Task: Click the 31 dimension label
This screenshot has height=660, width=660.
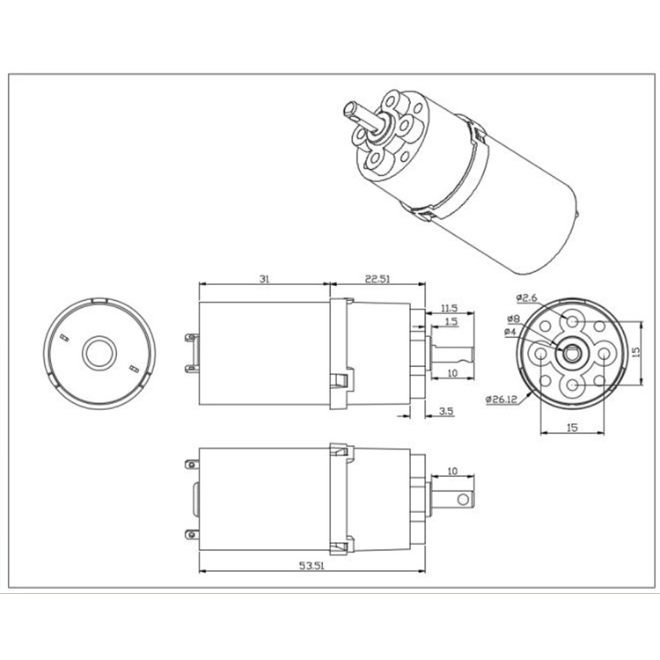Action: click(x=264, y=279)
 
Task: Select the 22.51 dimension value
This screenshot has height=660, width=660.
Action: click(x=378, y=279)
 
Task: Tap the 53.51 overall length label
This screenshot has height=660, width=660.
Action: click(x=312, y=565)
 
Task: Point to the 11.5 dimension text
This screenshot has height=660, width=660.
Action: click(x=449, y=308)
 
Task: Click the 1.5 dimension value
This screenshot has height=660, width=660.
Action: click(x=451, y=321)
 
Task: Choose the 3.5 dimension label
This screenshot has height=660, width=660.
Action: click(x=446, y=411)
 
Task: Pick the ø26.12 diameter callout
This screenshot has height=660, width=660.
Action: click(x=501, y=399)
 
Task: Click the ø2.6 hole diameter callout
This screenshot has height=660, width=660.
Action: click(x=526, y=298)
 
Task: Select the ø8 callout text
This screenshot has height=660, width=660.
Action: click(x=514, y=319)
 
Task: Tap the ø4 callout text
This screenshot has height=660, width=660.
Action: click(x=510, y=332)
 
